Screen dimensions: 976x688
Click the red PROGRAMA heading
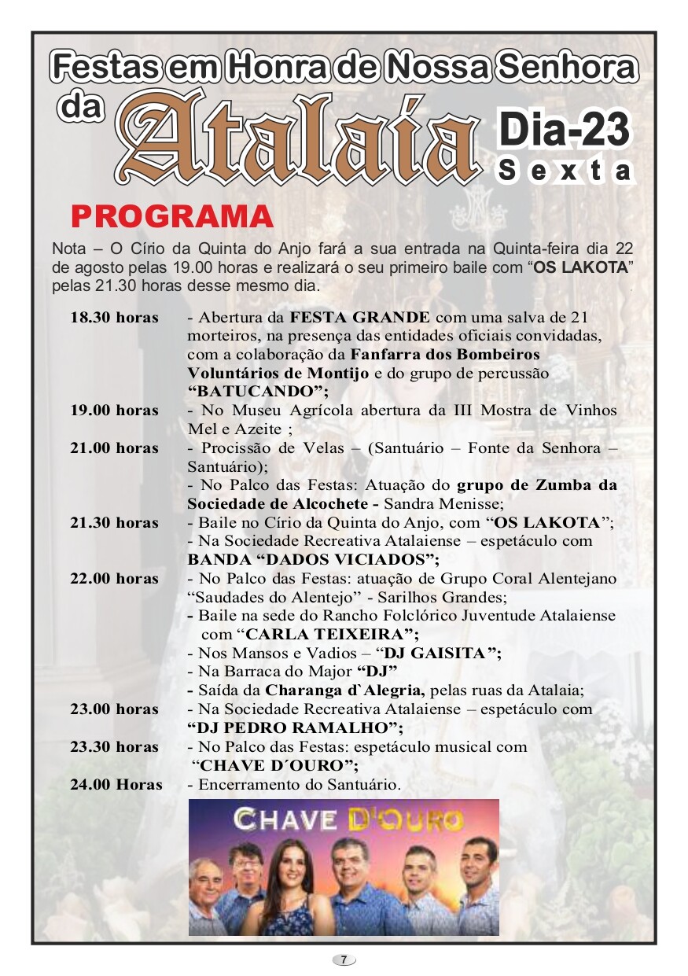pos(172,216)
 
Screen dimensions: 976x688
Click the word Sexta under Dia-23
pos(565,171)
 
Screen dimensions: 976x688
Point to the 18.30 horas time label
pos(114,318)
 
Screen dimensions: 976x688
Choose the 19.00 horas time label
pos(114,411)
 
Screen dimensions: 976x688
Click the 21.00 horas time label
pos(114,448)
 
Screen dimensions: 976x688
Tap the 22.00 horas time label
pos(114,579)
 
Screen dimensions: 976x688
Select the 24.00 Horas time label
pos(116,785)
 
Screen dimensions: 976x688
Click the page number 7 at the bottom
pos(344,959)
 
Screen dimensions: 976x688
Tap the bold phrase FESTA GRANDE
pos(360,318)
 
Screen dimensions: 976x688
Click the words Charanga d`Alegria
pos(345,691)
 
